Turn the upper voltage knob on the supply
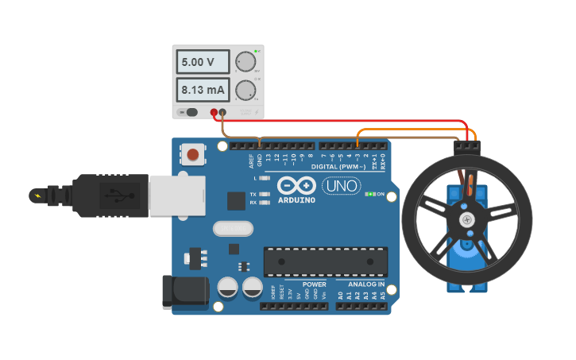246,62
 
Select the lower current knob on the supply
246,89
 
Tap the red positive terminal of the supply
214,113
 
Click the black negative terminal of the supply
222,113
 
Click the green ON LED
369,194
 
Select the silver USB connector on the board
176,195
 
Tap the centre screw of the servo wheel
466,219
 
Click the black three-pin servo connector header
467,147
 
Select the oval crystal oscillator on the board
233,229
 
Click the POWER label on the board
315,284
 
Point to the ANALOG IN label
365,284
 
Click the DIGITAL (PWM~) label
337,167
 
